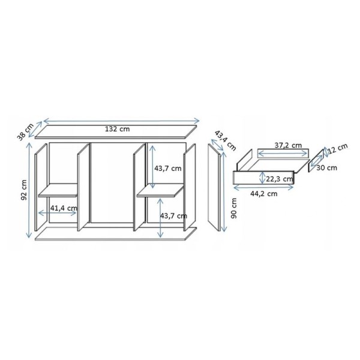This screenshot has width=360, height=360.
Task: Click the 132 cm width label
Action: tap(118, 129)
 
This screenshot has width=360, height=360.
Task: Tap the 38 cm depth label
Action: tap(25, 131)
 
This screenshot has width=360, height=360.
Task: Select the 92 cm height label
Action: tap(24, 190)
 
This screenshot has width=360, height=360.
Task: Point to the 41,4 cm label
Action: tap(64, 208)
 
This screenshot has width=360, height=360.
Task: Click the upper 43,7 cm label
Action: tap(167, 169)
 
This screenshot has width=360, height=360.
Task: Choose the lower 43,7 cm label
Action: tap(173, 216)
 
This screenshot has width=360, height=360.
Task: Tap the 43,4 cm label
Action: tap(225, 140)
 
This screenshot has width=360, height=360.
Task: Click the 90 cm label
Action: tap(234, 208)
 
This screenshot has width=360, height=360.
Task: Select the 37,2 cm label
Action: tap(288, 145)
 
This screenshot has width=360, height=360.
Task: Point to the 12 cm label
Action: tap(338, 148)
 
